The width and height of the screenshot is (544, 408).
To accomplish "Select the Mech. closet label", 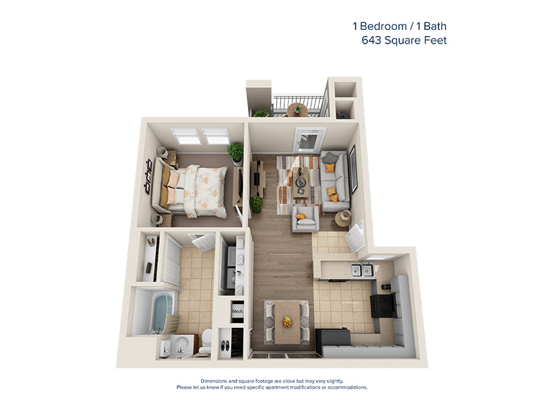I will point(237,312).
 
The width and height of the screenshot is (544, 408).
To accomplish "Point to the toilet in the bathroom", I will point(205,340).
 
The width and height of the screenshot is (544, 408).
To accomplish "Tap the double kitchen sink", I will point(361,271).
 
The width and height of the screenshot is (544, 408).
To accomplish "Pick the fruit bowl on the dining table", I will point(286,321).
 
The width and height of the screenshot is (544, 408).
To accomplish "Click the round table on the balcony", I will point(297,109).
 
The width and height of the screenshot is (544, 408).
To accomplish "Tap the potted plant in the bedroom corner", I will point(235,152).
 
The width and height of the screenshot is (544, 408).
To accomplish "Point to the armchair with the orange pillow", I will point(305,220).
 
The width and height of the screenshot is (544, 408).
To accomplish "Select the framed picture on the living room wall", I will point(353,168).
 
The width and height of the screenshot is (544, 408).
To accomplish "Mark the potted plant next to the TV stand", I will point(256,203).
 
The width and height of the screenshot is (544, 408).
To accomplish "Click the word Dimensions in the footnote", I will point(216,380).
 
